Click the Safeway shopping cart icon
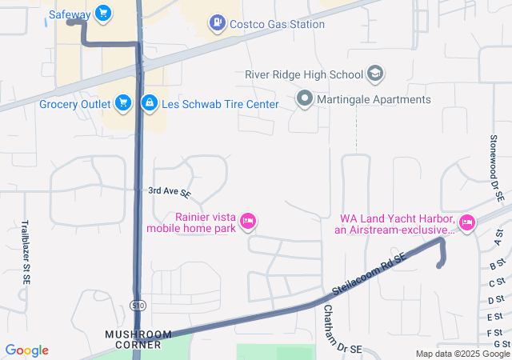pyautogui.click(x=102, y=14)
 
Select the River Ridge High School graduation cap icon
pyautogui.click(x=375, y=75)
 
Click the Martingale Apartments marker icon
pyautogui.click(x=304, y=100)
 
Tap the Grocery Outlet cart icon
pyautogui.click(x=122, y=103)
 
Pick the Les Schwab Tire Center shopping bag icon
pyautogui.click(x=149, y=103)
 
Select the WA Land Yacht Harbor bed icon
pyautogui.click(x=467, y=222)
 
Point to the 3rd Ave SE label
pyautogui.click(x=170, y=192)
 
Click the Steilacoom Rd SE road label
pyautogui.click(x=370, y=273)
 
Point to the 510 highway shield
pyautogui.click(x=137, y=304)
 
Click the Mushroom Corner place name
pyautogui.click(x=138, y=339)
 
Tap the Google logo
pyautogui.click(x=27, y=350)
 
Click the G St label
pyautogui.click(x=502, y=344)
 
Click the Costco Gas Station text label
pyautogui.click(x=277, y=24)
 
